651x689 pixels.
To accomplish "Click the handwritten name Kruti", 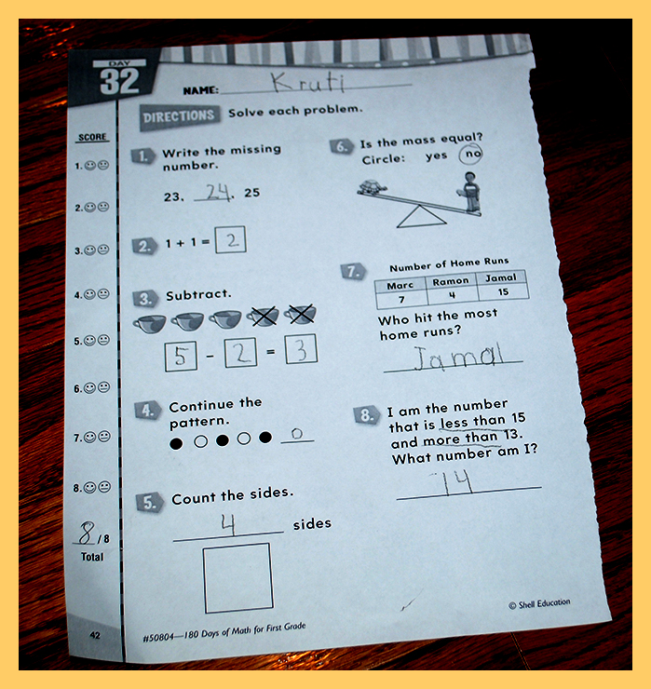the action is [307, 82].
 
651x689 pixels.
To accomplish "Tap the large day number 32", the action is [119, 81].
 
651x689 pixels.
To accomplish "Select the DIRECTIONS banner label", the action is [179, 116].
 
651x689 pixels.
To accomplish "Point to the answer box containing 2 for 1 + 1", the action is [230, 239].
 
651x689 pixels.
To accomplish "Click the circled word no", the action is [470, 154].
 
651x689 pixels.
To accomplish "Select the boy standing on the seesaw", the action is [469, 193].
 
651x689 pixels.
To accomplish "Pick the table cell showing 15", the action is [503, 291].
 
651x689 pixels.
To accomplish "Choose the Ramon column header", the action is [451, 281].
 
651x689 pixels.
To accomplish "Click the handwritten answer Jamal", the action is [458, 357].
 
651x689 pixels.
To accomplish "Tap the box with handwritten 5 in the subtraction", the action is [181, 357].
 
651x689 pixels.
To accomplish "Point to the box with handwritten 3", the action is [301, 349].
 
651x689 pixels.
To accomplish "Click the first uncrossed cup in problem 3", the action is [149, 324].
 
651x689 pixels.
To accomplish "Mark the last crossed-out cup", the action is [300, 314].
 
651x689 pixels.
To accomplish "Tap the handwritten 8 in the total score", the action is [87, 533].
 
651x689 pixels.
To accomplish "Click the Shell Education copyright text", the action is [539, 603].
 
